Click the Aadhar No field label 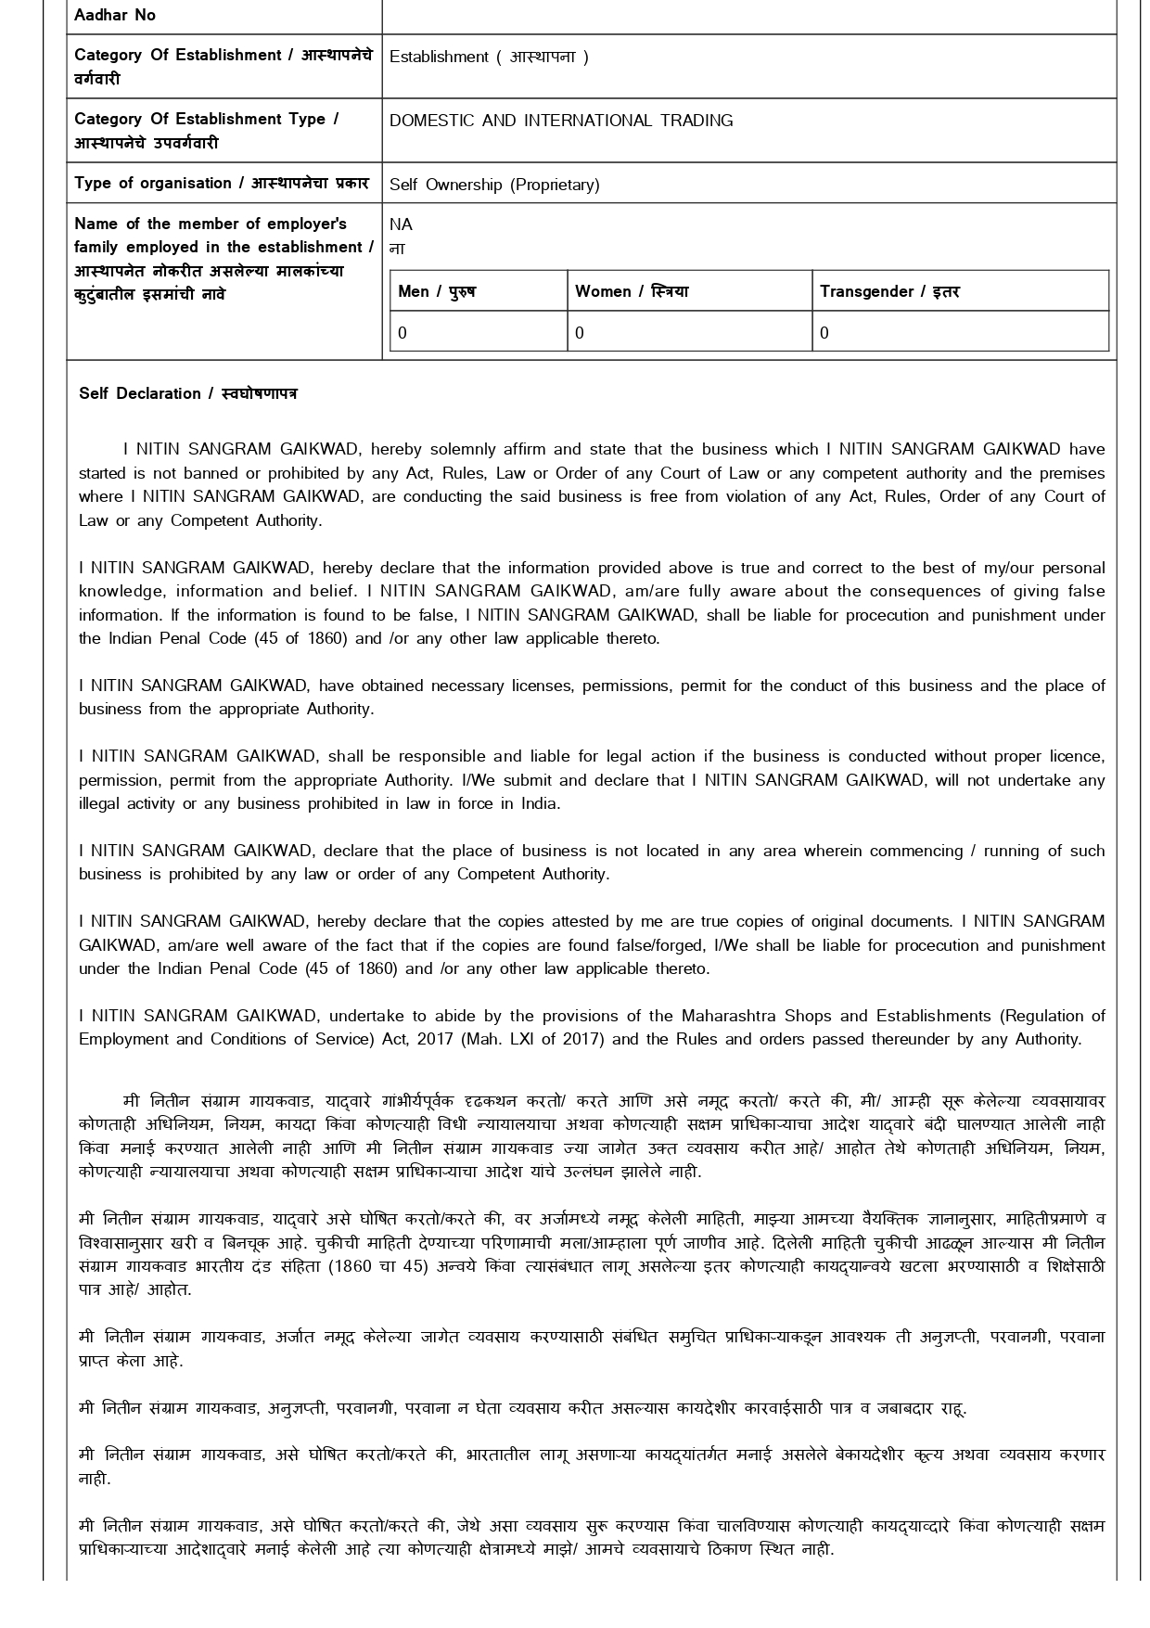click(115, 15)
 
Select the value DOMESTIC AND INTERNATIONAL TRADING click(560, 121)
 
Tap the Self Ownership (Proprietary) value click(494, 185)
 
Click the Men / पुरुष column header click(436, 291)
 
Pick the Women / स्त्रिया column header click(631, 291)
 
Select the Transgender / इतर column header click(889, 291)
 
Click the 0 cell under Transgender click(824, 333)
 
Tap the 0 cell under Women click(580, 333)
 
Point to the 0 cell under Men click(402, 333)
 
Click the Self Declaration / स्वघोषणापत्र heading click(188, 393)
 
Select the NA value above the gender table click(401, 224)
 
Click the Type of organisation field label click(221, 183)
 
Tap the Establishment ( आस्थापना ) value click(489, 57)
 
